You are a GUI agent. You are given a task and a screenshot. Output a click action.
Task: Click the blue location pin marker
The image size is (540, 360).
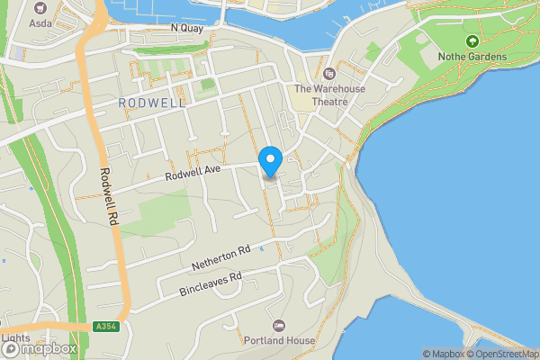click(x=271, y=161)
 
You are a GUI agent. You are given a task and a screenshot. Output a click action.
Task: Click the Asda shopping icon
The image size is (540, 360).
click(x=40, y=5)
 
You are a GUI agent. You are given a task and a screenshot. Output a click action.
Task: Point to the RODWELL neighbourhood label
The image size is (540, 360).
click(x=151, y=103)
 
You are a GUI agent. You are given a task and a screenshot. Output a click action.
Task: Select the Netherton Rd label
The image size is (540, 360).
click(x=220, y=258)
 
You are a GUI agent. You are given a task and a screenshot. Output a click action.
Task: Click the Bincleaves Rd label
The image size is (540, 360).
click(x=211, y=284)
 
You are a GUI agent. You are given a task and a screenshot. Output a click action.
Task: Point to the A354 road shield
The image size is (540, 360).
click(x=104, y=327)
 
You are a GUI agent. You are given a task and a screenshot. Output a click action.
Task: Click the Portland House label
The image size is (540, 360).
click(x=279, y=341)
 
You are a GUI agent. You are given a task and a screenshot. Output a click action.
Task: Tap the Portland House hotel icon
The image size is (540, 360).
click(x=279, y=325)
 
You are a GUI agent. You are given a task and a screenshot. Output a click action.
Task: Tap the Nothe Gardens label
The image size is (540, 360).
click(x=472, y=57)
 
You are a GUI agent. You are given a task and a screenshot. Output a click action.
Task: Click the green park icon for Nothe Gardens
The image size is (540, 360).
click(x=472, y=40)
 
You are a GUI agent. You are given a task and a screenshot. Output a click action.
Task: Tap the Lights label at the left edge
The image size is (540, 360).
click(x=14, y=339)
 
